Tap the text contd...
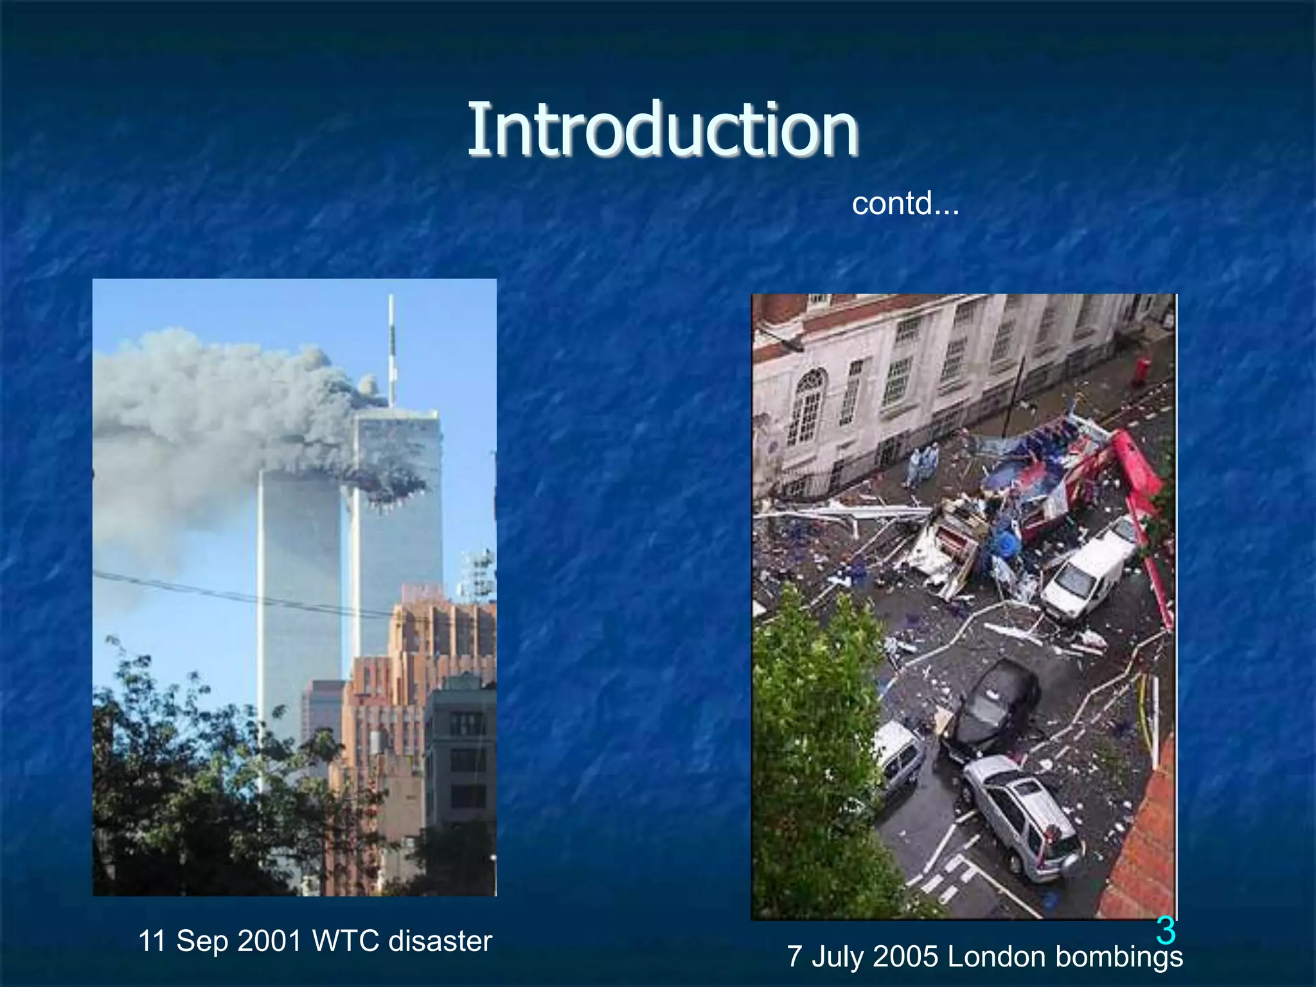(905, 204)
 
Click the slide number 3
(1166, 930)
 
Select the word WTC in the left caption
(346, 941)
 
